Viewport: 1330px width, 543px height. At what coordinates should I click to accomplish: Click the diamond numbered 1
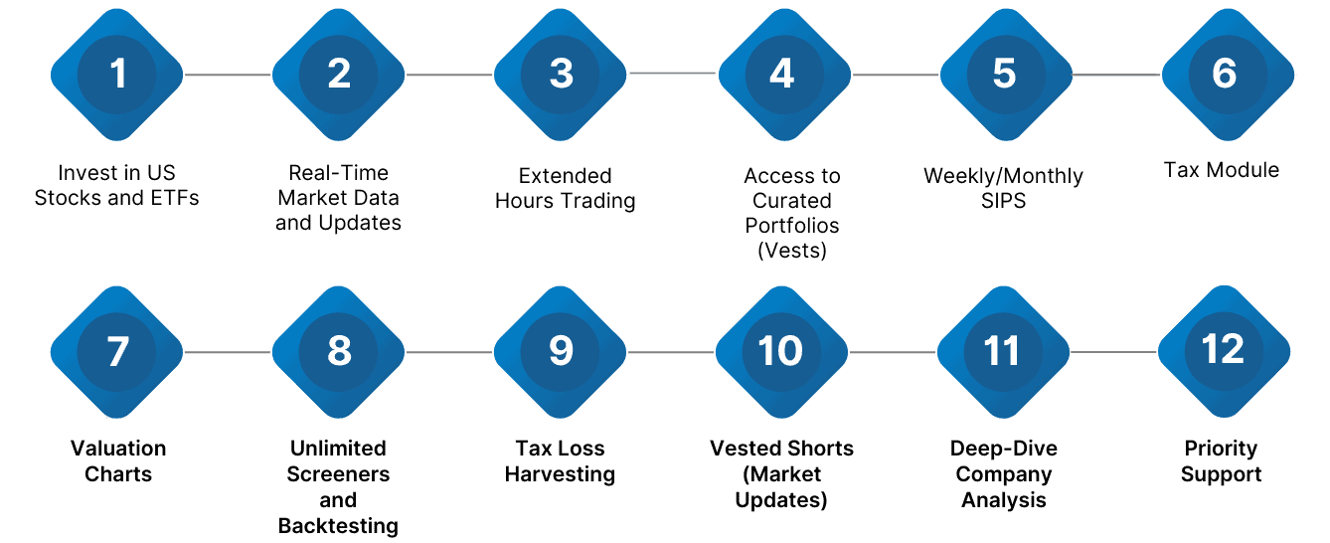[x=118, y=75]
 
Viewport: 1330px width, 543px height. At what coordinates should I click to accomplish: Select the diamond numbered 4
[x=782, y=75]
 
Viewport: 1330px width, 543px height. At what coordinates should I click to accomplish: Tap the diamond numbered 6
[x=1225, y=75]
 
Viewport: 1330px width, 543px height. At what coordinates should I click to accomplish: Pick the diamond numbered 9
[x=561, y=351]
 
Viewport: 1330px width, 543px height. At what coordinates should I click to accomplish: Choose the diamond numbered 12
[x=1223, y=350]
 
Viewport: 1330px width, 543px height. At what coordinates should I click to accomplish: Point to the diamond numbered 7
[x=117, y=351]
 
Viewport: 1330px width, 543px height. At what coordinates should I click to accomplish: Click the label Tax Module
[x=1222, y=170]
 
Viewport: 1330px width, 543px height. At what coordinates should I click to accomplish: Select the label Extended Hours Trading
[x=565, y=189]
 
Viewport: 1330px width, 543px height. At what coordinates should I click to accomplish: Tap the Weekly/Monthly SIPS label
[x=1003, y=189]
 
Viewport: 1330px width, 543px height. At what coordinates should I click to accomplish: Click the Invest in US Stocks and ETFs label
[x=117, y=185]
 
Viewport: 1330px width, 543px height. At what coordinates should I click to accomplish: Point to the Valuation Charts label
[x=118, y=460]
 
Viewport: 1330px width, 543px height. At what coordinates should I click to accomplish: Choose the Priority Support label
[x=1221, y=461]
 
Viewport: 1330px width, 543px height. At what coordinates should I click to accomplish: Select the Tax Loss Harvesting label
[x=560, y=461]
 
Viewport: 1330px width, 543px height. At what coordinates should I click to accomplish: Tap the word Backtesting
[x=338, y=526]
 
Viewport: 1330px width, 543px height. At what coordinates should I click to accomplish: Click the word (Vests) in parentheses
[x=792, y=251]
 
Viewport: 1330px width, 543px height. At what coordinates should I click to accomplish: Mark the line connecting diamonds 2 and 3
[x=449, y=75]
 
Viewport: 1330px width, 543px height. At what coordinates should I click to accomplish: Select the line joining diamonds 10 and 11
[x=893, y=352]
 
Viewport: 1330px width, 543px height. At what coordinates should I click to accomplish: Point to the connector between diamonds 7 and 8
[x=228, y=352]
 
